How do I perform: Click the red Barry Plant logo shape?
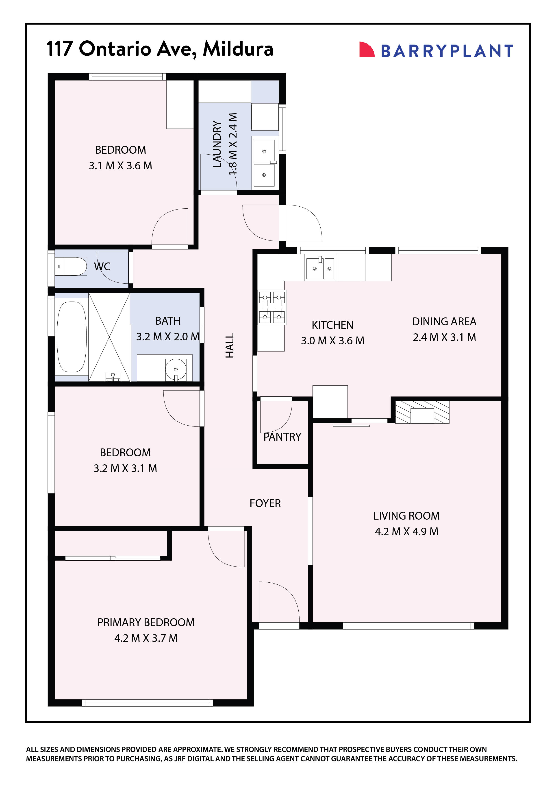pyautogui.click(x=366, y=50)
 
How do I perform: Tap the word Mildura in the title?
pyautogui.click(x=238, y=49)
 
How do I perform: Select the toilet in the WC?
pyautogui.click(x=72, y=266)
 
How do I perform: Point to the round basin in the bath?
pyautogui.click(x=176, y=369)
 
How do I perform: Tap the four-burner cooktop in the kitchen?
pyautogui.click(x=272, y=307)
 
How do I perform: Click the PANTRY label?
pyautogui.click(x=282, y=437)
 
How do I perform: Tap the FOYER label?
pyautogui.click(x=265, y=503)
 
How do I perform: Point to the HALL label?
pyautogui.click(x=230, y=345)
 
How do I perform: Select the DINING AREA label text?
pyautogui.click(x=444, y=321)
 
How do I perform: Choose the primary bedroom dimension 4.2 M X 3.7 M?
pyautogui.click(x=146, y=638)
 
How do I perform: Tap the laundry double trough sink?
pyautogui.click(x=264, y=163)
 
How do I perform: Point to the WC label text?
pyautogui.click(x=102, y=267)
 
